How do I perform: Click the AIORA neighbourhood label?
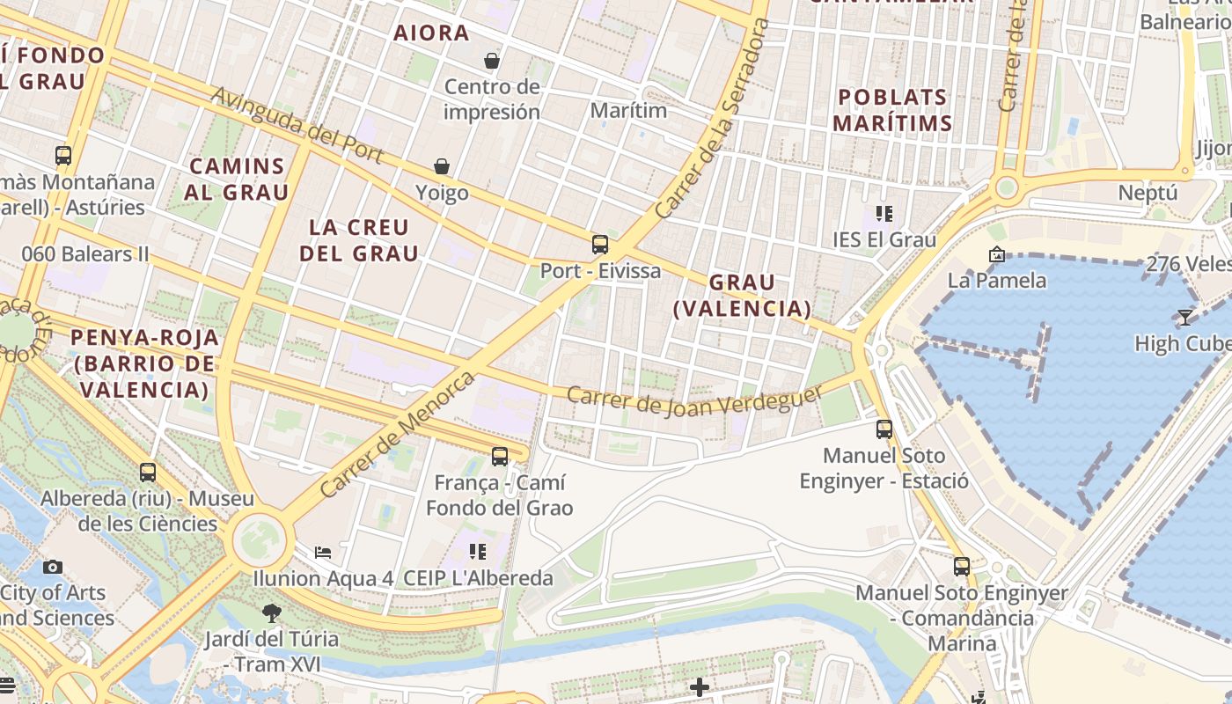(x=431, y=33)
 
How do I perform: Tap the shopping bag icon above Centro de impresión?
(x=492, y=61)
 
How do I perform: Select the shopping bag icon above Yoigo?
(x=442, y=166)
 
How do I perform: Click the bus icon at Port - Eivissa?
(x=600, y=244)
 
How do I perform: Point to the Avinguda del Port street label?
(x=297, y=125)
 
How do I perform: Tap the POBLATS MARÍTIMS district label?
(x=892, y=110)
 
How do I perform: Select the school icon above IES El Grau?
(x=884, y=213)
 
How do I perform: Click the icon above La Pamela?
(x=997, y=254)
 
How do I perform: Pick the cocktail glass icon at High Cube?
(x=1184, y=317)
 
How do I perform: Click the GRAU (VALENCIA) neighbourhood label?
(x=742, y=295)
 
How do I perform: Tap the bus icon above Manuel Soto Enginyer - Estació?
(x=884, y=429)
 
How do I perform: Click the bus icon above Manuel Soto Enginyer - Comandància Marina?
(x=962, y=567)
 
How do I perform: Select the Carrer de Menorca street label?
(x=397, y=434)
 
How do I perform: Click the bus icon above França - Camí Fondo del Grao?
(x=500, y=456)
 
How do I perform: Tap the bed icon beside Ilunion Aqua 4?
(x=323, y=553)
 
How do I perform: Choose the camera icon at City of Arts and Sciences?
(x=53, y=567)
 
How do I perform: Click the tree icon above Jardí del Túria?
(x=272, y=612)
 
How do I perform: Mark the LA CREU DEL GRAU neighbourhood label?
(x=359, y=240)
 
